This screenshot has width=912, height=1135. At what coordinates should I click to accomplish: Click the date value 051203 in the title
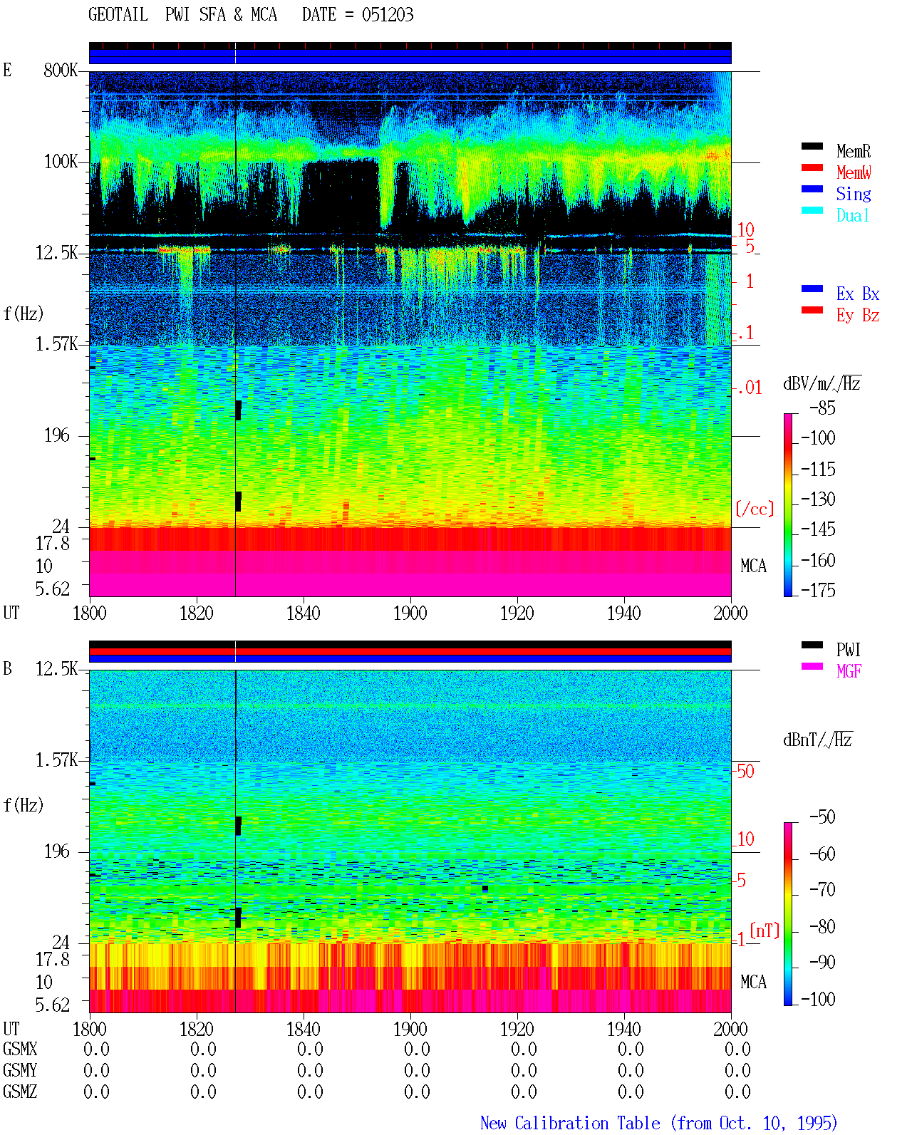[387, 15]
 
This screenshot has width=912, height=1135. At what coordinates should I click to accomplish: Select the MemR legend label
[853, 151]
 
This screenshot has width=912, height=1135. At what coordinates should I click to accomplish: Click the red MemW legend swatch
[812, 167]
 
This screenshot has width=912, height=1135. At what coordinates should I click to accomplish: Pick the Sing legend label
[853, 194]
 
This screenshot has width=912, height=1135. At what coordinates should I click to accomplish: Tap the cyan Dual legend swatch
[812, 210]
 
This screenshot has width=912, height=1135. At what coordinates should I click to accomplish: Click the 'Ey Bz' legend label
[858, 316]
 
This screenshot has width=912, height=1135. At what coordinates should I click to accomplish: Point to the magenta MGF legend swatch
[812, 666]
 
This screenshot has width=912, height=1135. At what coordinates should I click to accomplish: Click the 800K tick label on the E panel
[61, 70]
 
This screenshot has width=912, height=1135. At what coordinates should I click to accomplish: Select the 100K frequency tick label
[61, 162]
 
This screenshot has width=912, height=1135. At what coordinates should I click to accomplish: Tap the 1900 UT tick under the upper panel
[410, 613]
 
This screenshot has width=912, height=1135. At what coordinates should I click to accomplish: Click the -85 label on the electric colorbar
[822, 408]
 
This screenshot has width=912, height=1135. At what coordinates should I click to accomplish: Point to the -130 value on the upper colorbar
[818, 499]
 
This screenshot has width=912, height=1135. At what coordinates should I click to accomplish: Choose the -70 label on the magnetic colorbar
[822, 890]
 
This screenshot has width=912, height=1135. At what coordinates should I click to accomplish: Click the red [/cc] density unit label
[755, 509]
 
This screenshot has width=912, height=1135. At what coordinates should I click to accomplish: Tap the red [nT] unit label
[765, 930]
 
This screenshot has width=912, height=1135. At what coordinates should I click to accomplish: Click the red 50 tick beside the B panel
[745, 771]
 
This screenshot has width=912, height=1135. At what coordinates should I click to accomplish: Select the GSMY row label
[20, 1070]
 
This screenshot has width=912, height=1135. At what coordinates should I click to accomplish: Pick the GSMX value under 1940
[631, 1049]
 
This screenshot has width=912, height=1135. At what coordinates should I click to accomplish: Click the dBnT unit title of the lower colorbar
[817, 740]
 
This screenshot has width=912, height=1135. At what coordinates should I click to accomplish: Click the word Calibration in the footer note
[587, 1123]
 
